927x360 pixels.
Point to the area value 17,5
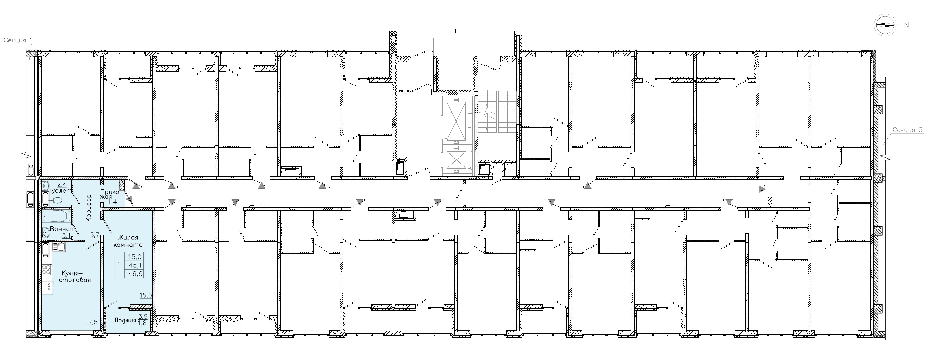pyautogui.click(x=91, y=322)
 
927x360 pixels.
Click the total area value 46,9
pyautogui.click(x=135, y=274)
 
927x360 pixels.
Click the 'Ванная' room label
pyautogui.click(x=62, y=229)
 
